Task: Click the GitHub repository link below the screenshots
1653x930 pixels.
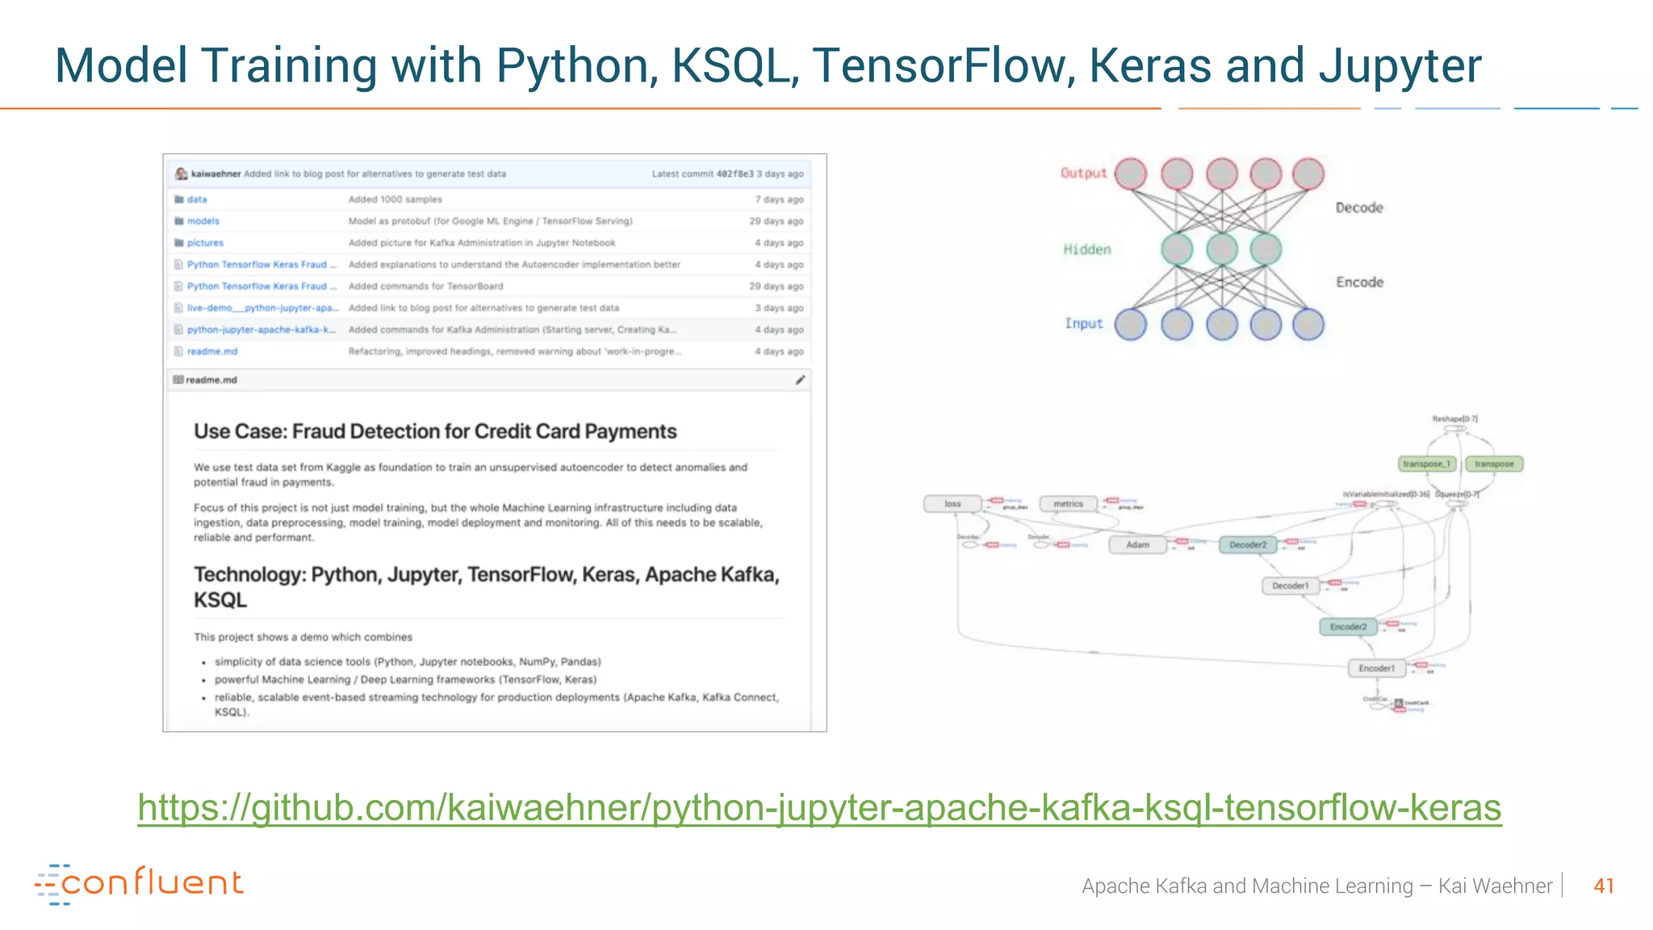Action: tap(819, 807)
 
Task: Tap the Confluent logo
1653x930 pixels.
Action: tap(139, 883)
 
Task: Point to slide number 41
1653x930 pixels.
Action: tap(1603, 886)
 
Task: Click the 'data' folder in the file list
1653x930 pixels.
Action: tap(197, 199)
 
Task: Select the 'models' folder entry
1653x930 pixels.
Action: tap(203, 221)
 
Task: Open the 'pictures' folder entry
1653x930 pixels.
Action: tap(205, 243)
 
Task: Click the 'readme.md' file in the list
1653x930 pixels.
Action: tap(212, 352)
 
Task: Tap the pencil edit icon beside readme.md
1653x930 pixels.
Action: tap(800, 380)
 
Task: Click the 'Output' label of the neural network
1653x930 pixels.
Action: tap(1083, 173)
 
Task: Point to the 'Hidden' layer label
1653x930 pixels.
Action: tap(1086, 249)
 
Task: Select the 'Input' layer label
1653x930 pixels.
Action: tap(1083, 324)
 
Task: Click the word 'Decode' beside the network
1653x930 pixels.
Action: tap(1359, 208)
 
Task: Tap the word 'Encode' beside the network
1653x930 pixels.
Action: tap(1359, 283)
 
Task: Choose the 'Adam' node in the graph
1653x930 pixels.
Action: tap(1137, 545)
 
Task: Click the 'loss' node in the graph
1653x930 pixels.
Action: tap(952, 504)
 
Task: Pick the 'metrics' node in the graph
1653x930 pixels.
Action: tap(1068, 504)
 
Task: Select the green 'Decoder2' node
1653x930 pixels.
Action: tap(1247, 545)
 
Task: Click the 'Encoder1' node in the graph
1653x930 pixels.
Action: tap(1376, 668)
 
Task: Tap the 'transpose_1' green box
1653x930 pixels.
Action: tap(1426, 464)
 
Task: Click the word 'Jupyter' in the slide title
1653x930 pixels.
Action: tap(1400, 66)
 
